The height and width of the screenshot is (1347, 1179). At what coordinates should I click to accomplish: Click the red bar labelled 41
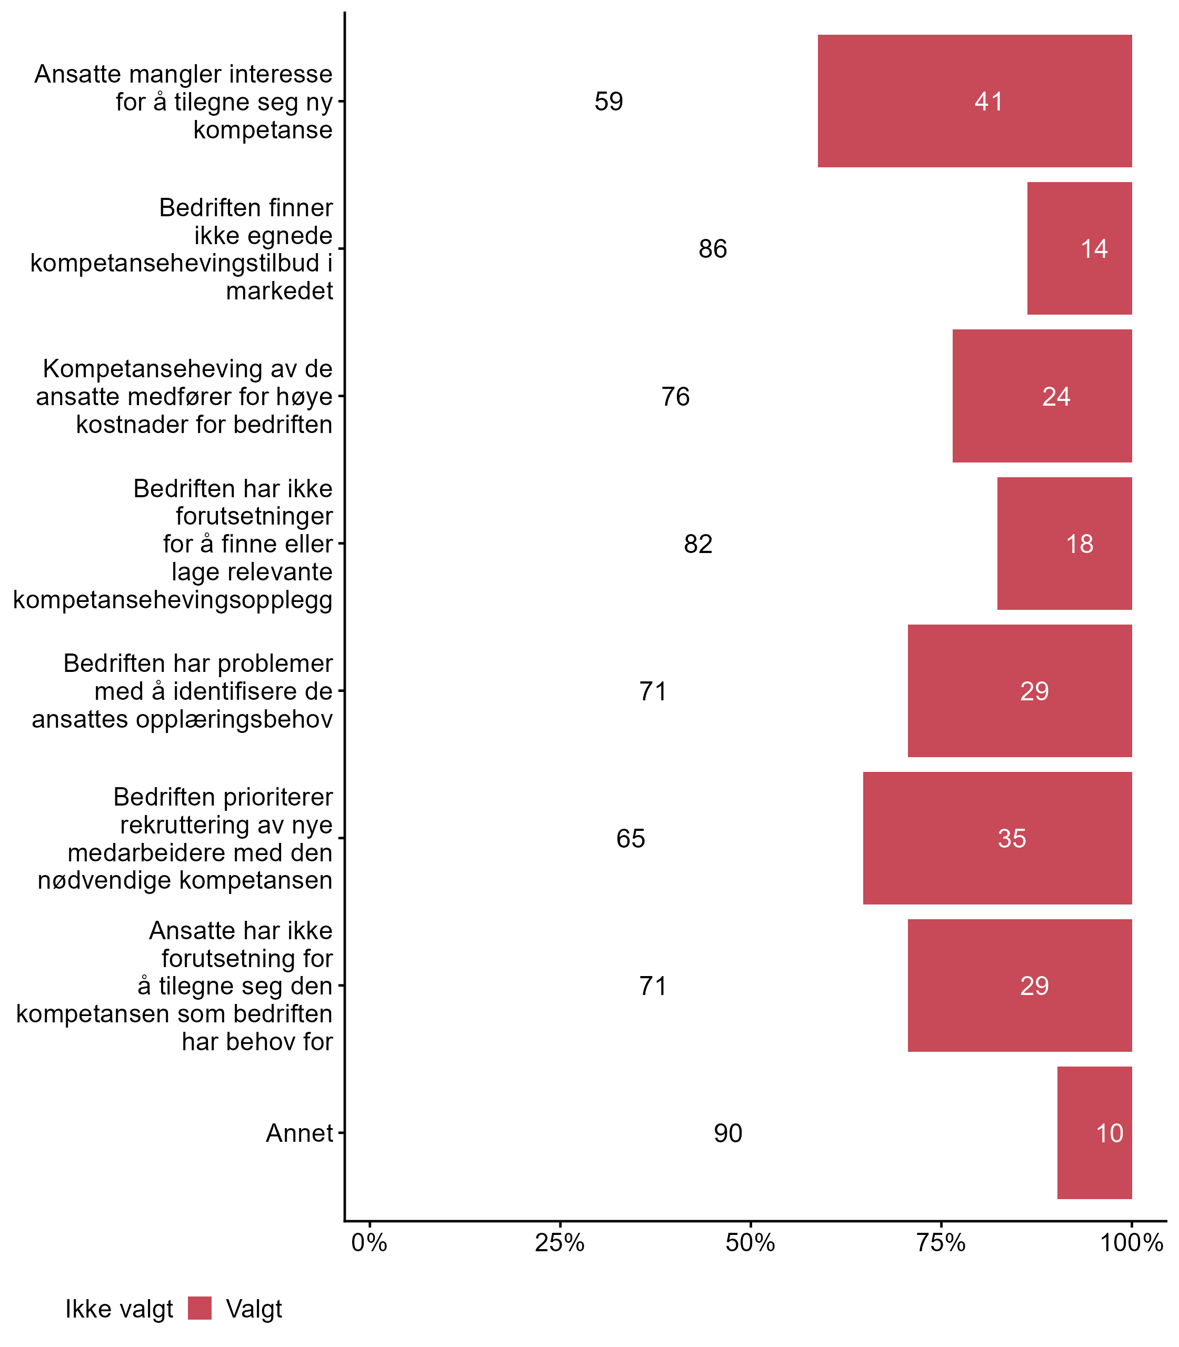click(x=974, y=101)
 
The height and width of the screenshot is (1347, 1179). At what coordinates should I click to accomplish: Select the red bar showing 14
click(x=1079, y=248)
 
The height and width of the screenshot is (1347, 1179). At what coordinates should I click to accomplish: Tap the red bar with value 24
click(x=1042, y=396)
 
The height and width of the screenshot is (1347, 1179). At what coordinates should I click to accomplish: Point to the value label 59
click(x=608, y=101)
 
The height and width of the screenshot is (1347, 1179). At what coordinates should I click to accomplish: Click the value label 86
click(x=713, y=248)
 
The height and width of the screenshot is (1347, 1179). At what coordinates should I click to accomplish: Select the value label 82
click(x=698, y=544)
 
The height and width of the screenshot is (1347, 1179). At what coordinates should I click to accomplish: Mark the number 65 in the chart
click(x=631, y=839)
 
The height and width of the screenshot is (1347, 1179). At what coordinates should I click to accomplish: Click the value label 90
click(x=727, y=1133)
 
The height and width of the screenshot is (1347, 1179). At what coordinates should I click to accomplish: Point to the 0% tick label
click(x=369, y=1243)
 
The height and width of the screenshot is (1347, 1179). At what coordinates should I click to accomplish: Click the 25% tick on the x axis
click(x=560, y=1243)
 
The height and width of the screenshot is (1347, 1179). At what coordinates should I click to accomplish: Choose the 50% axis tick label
click(x=750, y=1243)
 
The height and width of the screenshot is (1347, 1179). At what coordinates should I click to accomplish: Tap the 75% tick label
click(x=941, y=1243)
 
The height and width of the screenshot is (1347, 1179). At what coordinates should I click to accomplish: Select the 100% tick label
click(x=1132, y=1243)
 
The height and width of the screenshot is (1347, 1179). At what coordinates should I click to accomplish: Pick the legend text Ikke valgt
click(x=119, y=1309)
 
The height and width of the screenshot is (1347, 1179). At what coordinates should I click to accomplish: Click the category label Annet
click(x=299, y=1133)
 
